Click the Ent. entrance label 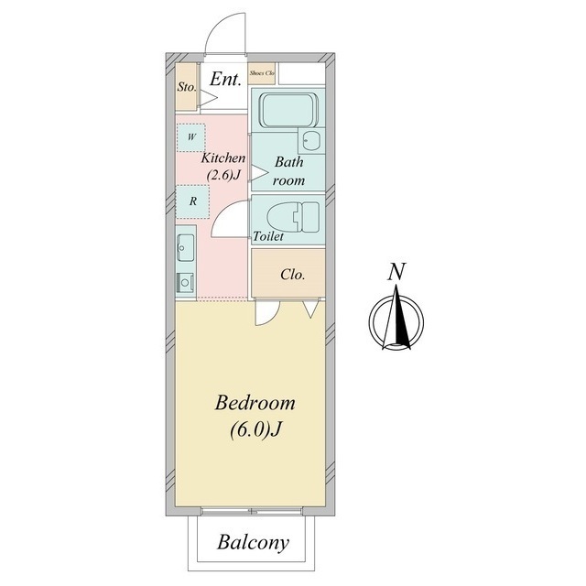(225, 80)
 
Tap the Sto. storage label (187, 87)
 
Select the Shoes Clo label (262, 73)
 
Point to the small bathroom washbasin (311, 140)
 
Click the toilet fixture (293, 217)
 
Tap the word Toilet (268, 236)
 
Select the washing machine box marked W (191, 137)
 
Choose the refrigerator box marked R (192, 201)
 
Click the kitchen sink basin (185, 247)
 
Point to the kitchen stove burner (185, 282)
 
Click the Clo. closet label (293, 275)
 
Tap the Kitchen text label (223, 158)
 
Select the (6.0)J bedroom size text (255, 429)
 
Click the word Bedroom (255, 403)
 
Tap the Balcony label (253, 543)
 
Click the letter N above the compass (396, 272)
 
